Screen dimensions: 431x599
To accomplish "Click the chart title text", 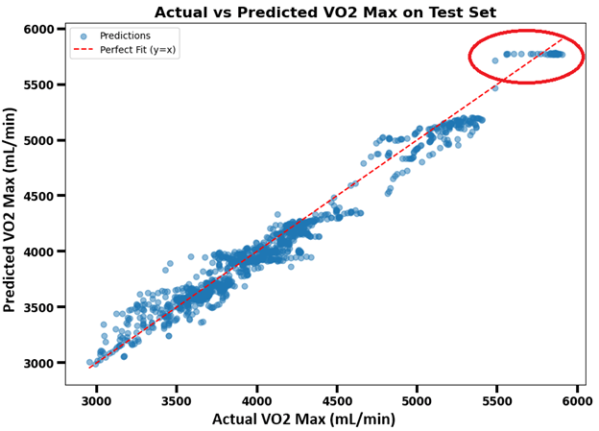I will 325,12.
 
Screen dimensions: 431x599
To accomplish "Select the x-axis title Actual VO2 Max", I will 302,419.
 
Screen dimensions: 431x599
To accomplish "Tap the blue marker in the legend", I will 84,36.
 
